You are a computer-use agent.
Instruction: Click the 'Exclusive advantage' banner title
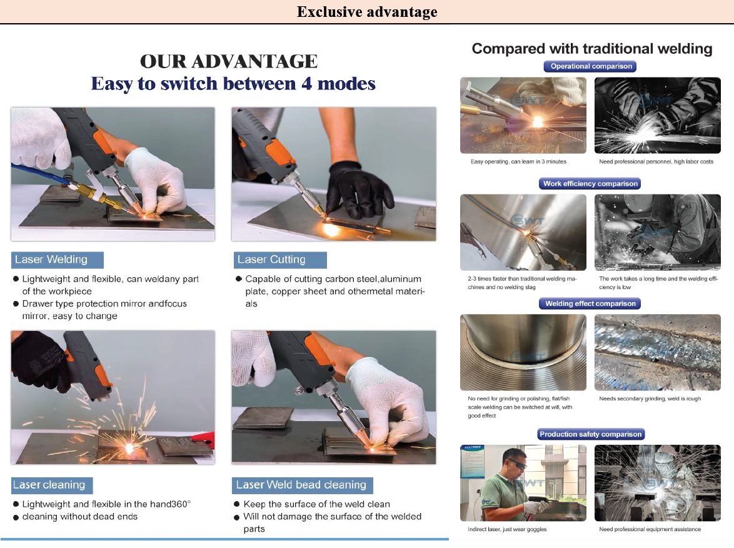[367, 12]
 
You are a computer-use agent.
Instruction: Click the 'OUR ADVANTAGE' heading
[229, 61]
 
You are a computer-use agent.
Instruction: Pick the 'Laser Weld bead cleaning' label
[302, 485]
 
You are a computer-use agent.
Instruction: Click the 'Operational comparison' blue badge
[591, 66]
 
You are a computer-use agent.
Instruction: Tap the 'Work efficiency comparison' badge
[590, 183]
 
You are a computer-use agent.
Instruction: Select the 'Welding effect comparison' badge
[590, 303]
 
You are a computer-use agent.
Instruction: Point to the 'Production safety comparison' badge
[590, 434]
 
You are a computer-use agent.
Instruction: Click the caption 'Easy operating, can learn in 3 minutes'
[518, 161]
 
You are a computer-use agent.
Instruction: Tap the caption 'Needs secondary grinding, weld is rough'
[650, 398]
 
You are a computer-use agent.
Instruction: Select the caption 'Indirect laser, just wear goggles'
[507, 529]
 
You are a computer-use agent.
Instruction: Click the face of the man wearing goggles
[515, 464]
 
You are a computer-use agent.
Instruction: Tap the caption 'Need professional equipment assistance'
[650, 529]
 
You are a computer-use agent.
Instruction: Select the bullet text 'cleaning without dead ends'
[79, 517]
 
